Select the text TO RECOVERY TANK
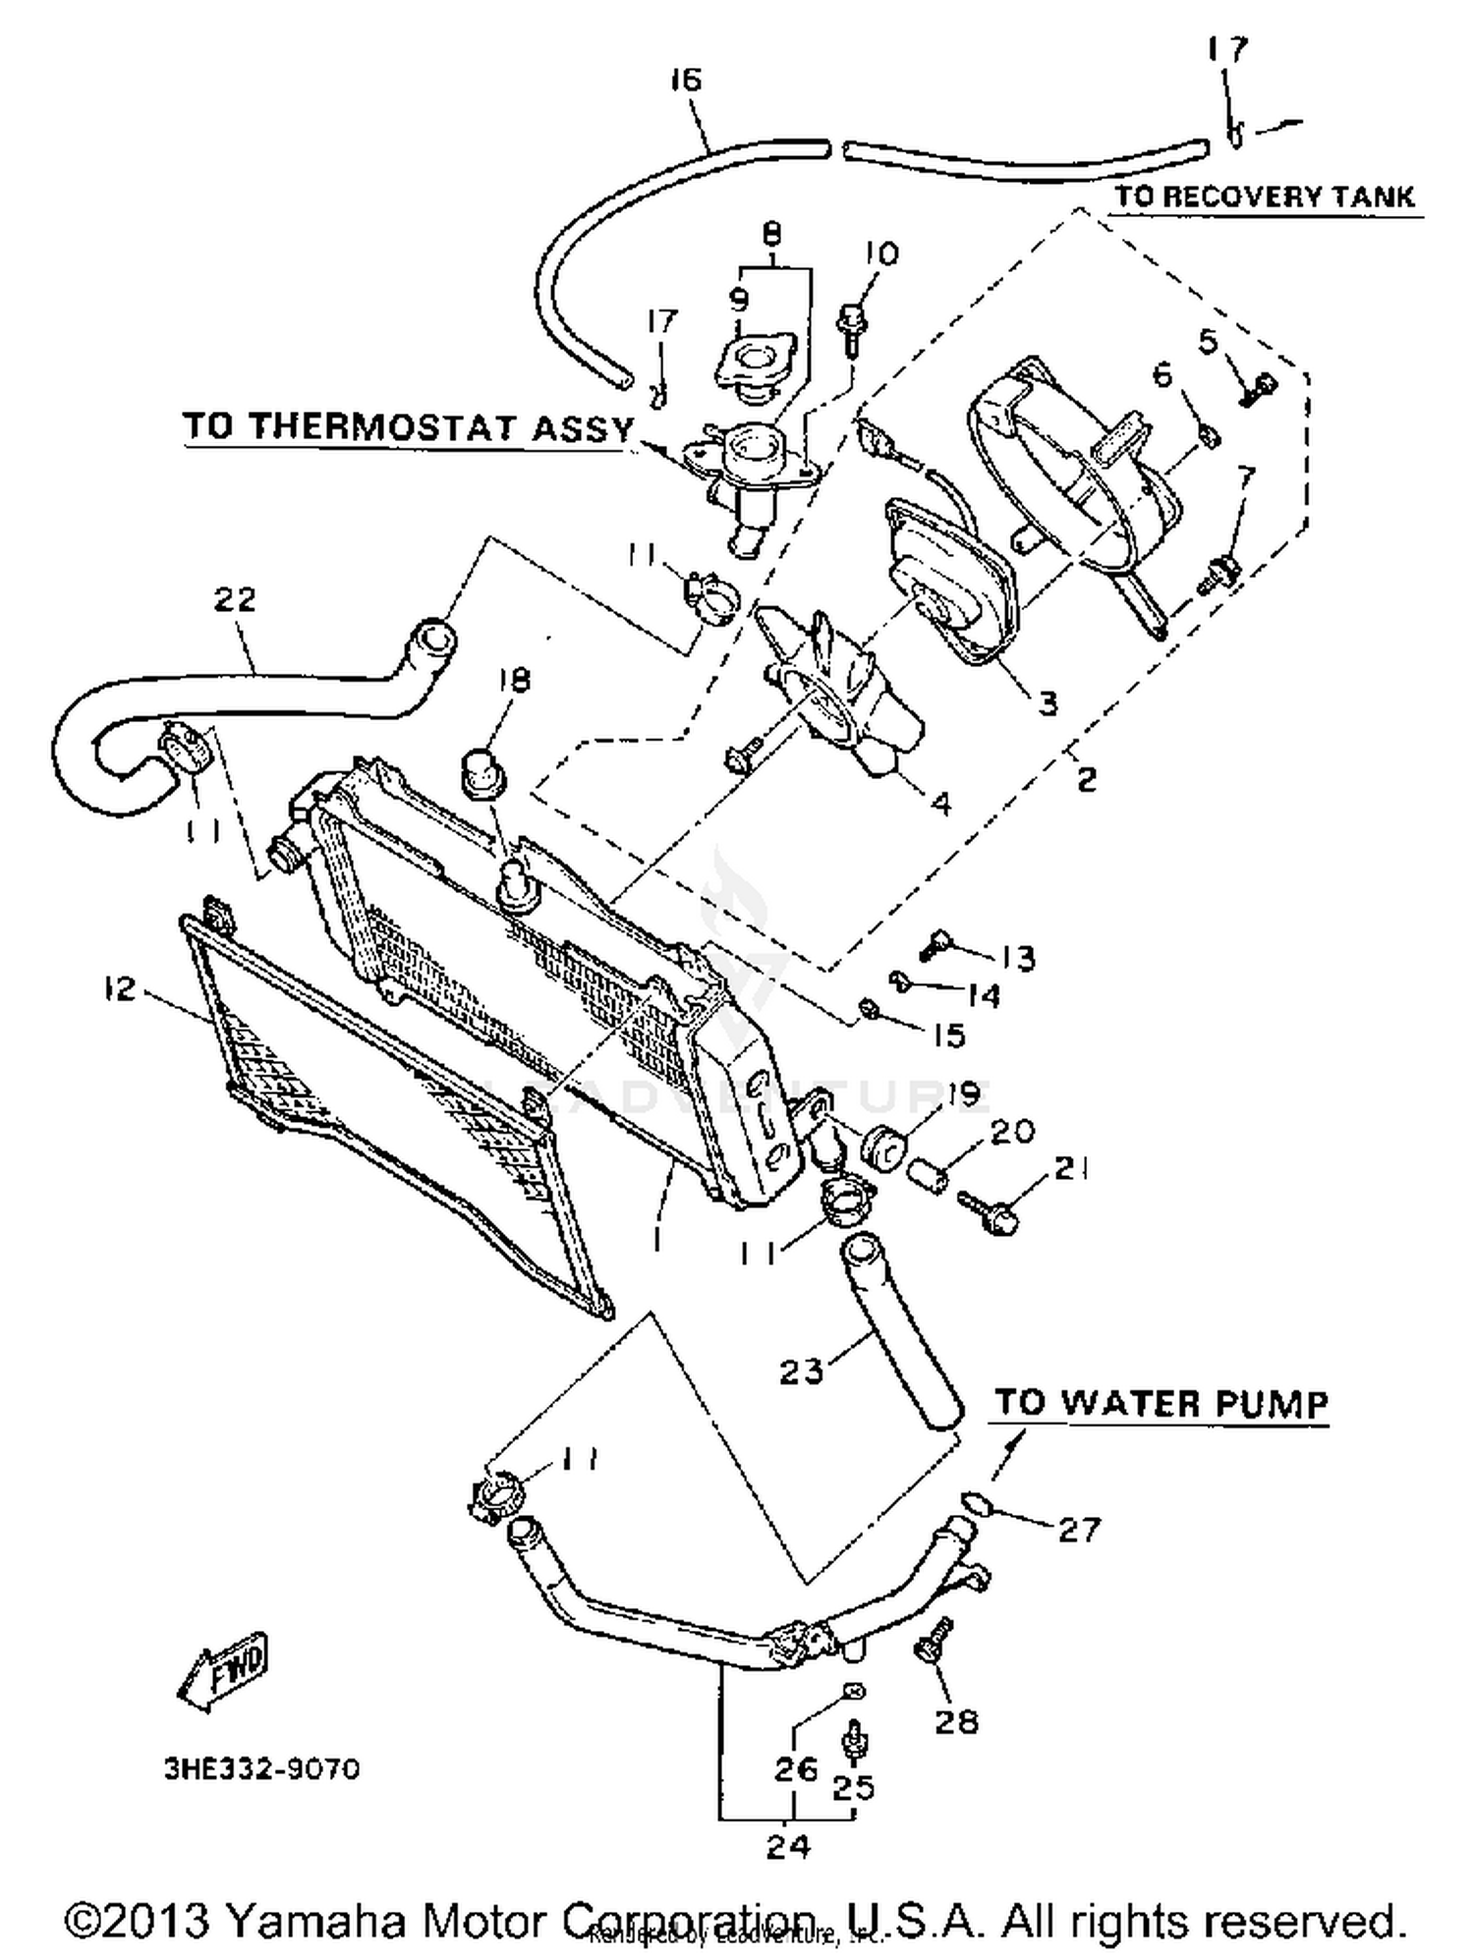point(1265,196)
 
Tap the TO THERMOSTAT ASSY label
point(409,427)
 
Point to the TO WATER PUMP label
point(1162,1403)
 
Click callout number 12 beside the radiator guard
point(119,988)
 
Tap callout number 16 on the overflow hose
point(686,79)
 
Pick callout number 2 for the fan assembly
point(1085,779)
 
